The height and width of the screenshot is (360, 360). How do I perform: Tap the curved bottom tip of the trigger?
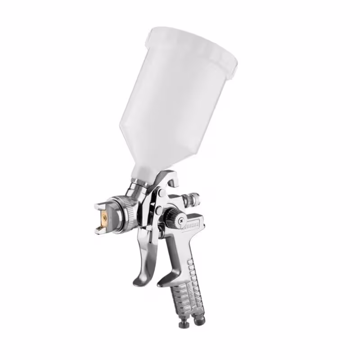137,282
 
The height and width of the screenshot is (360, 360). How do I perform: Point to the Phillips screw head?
181,220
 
